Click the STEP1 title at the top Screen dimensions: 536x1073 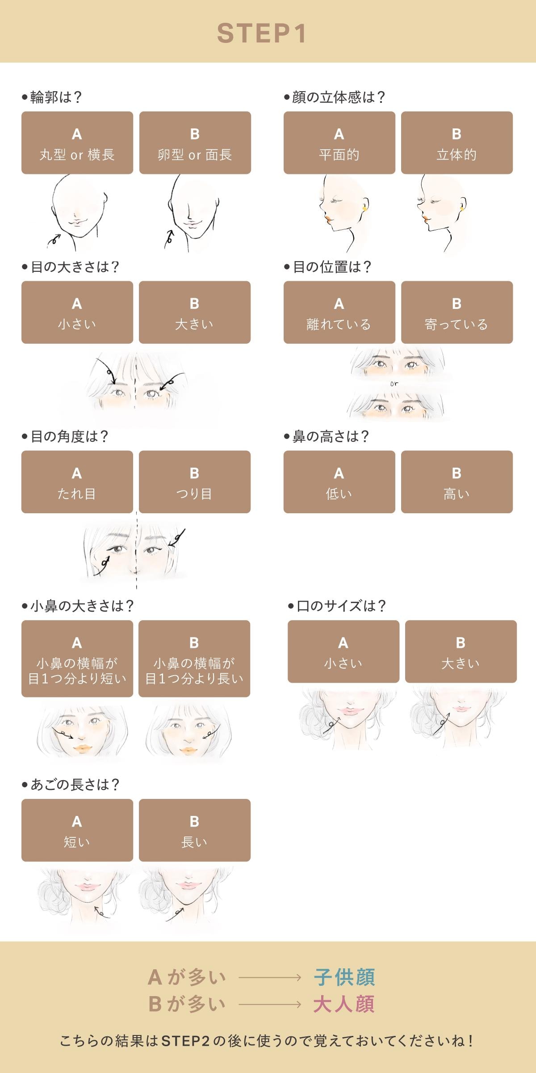coord(262,34)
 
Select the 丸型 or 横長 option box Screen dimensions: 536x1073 coord(77,143)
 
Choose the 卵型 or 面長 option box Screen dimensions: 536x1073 coord(195,143)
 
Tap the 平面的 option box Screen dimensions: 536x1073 coord(339,143)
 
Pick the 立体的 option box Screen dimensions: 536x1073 coord(457,143)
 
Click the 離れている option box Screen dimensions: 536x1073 coord(339,312)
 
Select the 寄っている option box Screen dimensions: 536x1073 coord(457,312)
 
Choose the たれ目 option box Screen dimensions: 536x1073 coord(77,482)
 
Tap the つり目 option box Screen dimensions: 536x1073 coord(195,482)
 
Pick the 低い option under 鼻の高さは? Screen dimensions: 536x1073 coord(339,482)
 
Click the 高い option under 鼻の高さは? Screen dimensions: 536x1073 coord(457,482)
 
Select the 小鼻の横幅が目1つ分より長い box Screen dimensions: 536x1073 coord(194,659)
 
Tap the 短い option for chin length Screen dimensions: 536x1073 coord(77,830)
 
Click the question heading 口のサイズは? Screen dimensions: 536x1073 coord(337,606)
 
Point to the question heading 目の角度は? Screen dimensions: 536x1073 coord(65,436)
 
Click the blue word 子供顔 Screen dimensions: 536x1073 coord(344,978)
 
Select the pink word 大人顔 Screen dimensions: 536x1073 coord(344,1004)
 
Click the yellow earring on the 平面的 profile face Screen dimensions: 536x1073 coord(365,208)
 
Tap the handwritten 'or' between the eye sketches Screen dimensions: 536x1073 coord(394,384)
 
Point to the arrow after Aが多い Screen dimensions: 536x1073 coord(270,978)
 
